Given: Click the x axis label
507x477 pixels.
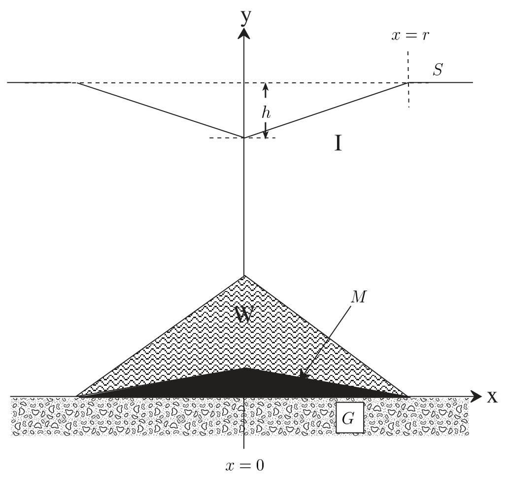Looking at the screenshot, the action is point(492,396).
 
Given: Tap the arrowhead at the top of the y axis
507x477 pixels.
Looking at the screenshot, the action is point(244,33).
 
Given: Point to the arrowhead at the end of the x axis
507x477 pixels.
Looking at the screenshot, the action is point(475,397).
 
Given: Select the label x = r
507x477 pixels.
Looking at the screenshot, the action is point(410,35).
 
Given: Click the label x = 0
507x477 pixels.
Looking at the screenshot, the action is point(245,466).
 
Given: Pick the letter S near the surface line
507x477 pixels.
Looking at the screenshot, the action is point(438,70).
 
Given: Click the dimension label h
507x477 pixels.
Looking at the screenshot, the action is point(266,112).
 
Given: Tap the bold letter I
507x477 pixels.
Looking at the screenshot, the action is point(338,143).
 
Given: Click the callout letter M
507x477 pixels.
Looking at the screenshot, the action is point(359,297).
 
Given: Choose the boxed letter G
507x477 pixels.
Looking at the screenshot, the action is point(349,418).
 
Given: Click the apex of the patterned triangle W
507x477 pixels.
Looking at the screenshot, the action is point(244,276).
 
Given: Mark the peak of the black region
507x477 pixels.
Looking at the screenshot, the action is point(244,367).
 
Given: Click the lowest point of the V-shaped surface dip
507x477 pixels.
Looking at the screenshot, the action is point(244,138).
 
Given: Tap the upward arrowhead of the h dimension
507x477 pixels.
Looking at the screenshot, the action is point(266,86).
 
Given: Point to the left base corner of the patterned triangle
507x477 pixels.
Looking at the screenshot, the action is point(76,396).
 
